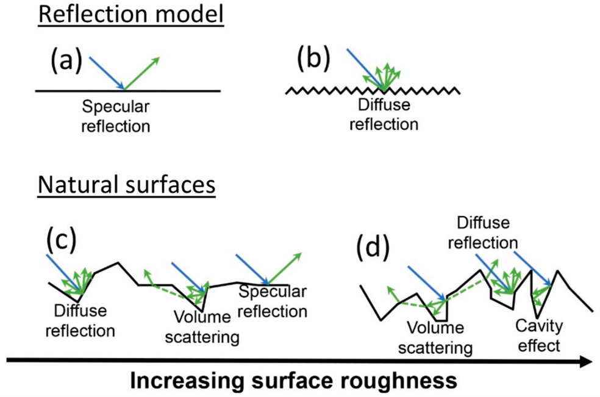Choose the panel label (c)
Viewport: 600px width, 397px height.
pyautogui.click(x=62, y=240)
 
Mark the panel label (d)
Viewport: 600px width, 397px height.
pyautogui.click(x=376, y=246)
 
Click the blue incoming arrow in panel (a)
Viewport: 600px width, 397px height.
pyautogui.click(x=107, y=72)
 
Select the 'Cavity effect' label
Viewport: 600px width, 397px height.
pyautogui.click(x=537, y=336)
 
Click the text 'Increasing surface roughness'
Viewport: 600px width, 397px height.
pyautogui.click(x=294, y=381)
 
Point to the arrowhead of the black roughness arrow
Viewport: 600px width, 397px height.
pyautogui.click(x=587, y=362)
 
